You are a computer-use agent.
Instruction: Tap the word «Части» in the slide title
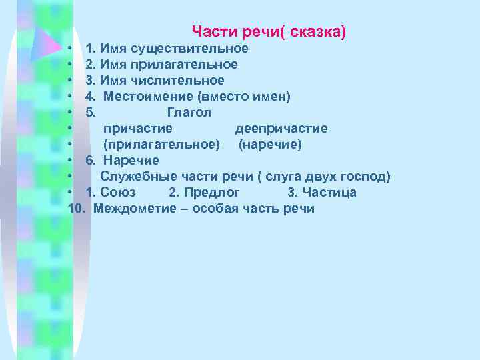point(209,31)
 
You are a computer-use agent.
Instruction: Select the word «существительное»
point(190,49)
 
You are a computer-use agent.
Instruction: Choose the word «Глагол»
point(189,113)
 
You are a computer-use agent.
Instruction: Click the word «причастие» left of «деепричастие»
point(137,129)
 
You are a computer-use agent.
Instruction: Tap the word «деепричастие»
point(281,129)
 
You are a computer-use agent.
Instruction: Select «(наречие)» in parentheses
point(271,145)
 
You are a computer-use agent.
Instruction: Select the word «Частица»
point(329,193)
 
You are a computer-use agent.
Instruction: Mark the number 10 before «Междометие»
point(77,209)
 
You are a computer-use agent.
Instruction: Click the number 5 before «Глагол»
point(91,113)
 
